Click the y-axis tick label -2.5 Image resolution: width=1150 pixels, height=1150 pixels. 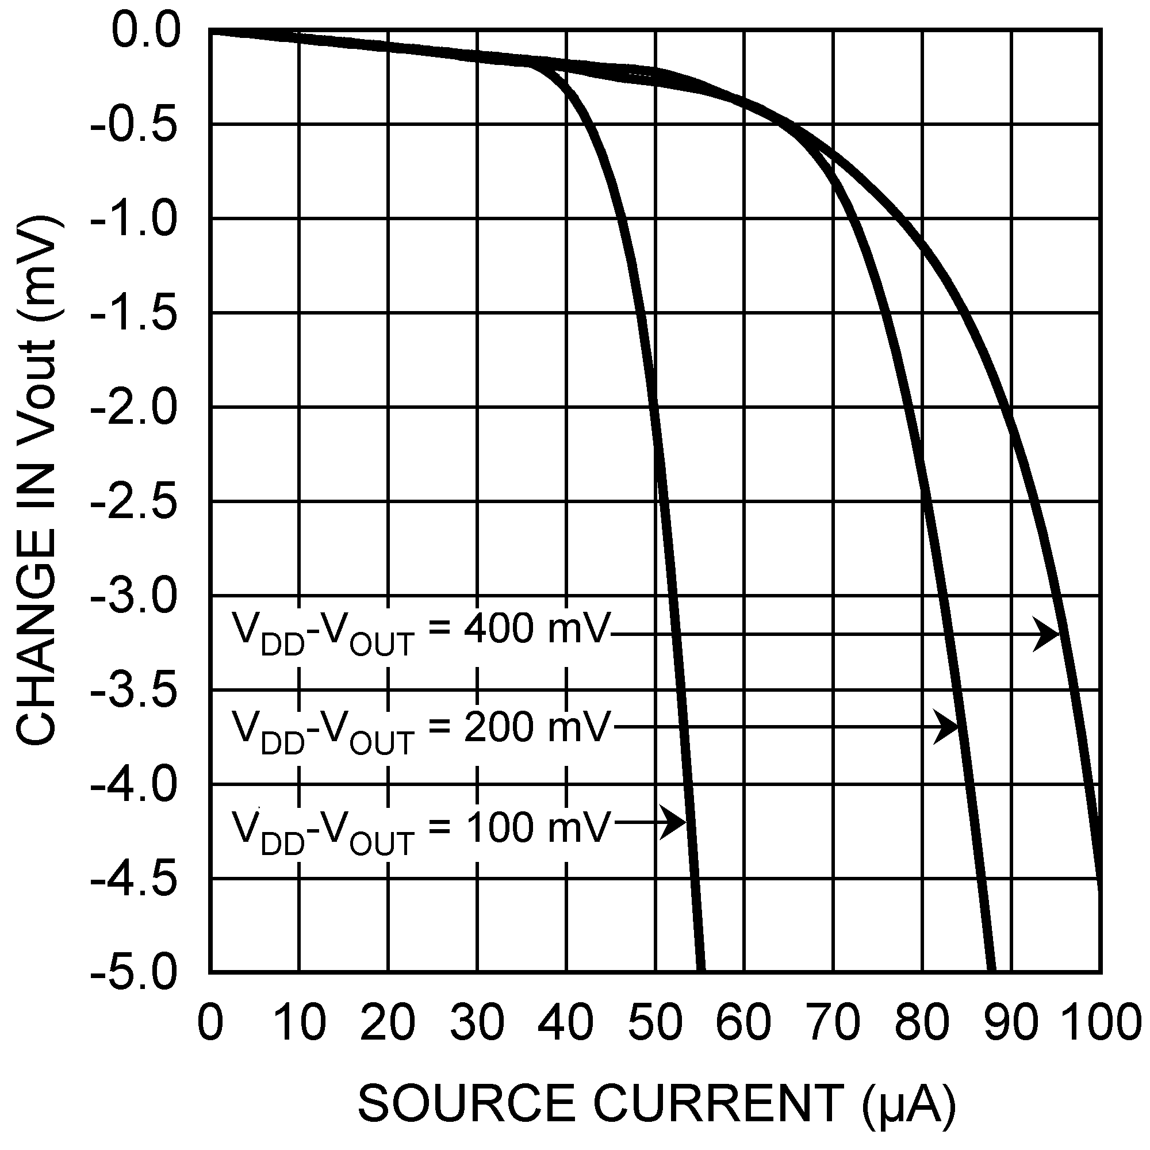[x=134, y=503]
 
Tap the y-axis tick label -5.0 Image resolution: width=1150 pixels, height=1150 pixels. [x=134, y=973]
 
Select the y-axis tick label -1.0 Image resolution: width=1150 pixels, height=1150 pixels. [x=134, y=220]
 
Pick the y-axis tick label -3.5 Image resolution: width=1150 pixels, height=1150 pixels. [x=134, y=692]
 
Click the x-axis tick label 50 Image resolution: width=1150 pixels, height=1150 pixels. [x=655, y=1022]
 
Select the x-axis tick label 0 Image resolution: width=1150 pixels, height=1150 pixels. [x=210, y=1022]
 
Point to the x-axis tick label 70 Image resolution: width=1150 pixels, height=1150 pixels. [x=833, y=1022]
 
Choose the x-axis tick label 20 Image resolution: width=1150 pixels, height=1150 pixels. [x=388, y=1022]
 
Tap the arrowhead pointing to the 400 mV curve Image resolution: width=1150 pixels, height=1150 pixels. [x=1048, y=635]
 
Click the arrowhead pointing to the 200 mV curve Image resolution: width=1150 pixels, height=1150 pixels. [x=947, y=727]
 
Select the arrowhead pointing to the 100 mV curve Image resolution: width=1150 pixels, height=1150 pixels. [x=676, y=823]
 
